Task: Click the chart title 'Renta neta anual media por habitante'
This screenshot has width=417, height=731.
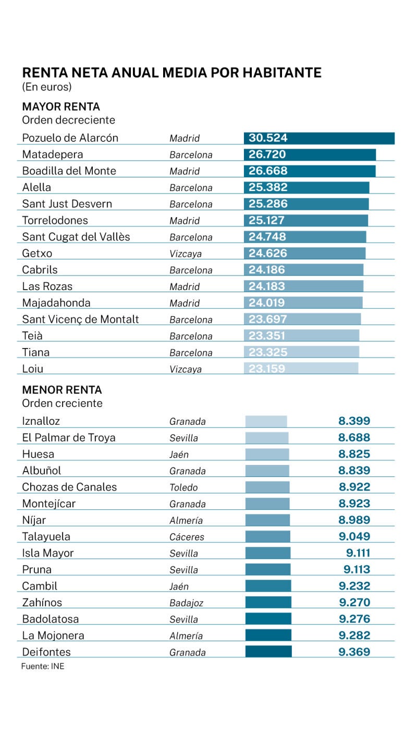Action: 171,73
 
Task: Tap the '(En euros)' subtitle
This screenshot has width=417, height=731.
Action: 46,87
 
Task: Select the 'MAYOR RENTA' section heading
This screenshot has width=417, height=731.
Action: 61,107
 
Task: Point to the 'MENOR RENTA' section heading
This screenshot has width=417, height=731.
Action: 62,390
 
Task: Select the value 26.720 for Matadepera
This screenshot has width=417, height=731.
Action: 267,154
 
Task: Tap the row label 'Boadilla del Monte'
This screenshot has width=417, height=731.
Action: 69,171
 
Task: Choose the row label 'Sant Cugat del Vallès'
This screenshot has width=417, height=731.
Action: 76,237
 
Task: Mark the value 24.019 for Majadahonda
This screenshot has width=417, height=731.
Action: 267,303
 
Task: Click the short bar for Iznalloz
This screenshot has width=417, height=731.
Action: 266,422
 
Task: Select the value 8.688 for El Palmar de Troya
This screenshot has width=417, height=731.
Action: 354,438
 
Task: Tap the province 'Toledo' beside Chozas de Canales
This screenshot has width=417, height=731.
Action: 183,488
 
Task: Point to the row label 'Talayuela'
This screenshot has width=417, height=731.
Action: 46,537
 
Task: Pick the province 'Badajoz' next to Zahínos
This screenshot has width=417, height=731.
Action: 186,603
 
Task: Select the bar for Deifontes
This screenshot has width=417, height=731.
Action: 268,652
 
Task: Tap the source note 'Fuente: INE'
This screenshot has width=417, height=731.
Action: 43,666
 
